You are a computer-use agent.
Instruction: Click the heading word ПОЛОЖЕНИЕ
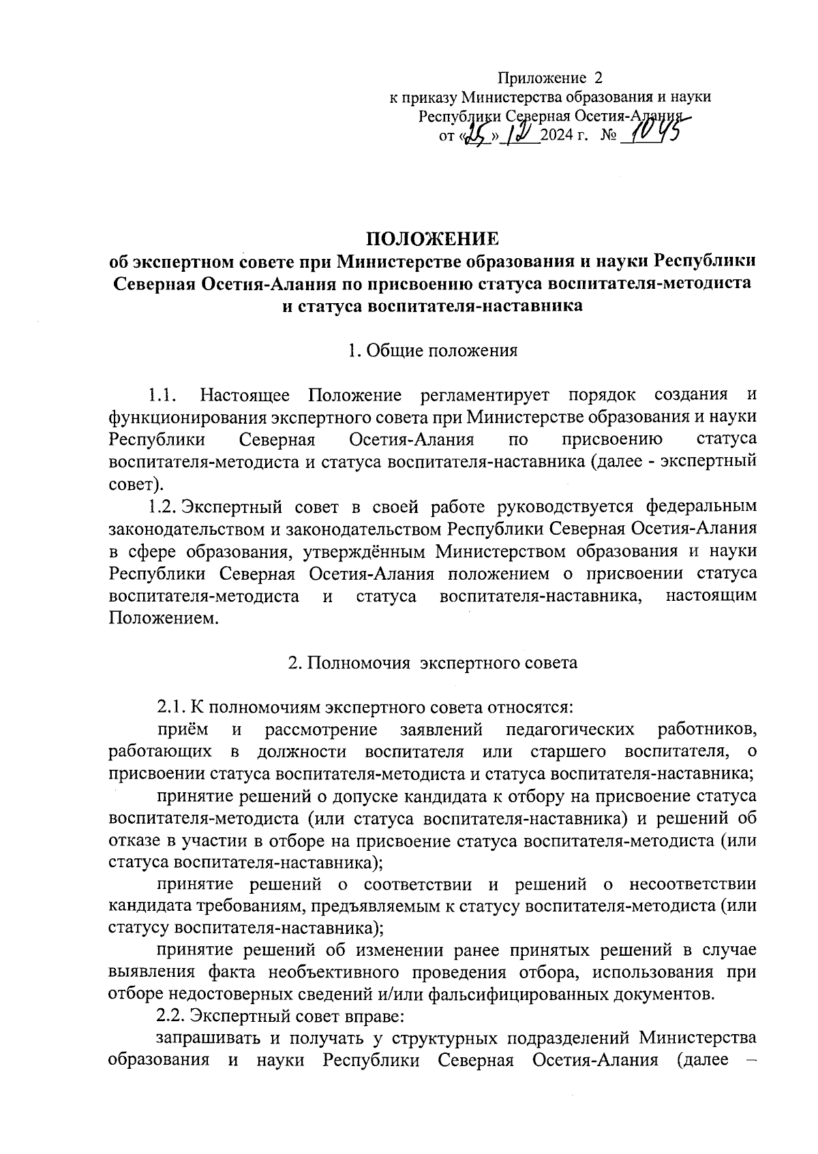[x=433, y=238]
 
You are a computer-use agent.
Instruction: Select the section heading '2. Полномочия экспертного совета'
[x=432, y=663]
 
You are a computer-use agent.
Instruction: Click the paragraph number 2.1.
[x=170, y=708]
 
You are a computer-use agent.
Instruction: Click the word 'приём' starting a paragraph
[x=183, y=730]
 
